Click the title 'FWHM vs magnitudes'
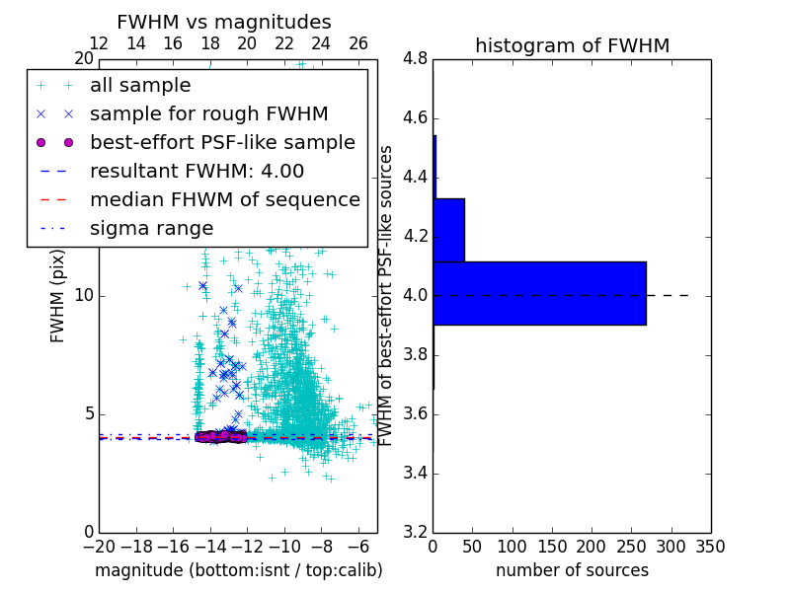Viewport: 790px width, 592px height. coord(224,22)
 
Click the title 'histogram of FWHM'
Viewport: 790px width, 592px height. coord(572,45)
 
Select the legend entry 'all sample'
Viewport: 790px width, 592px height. coord(140,86)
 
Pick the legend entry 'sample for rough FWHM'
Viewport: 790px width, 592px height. coord(208,113)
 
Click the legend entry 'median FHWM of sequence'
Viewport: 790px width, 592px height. coord(224,199)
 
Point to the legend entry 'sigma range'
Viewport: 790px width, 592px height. coord(151,228)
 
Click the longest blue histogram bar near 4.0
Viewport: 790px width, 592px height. coord(539,293)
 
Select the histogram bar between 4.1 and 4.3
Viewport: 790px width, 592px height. coord(448,230)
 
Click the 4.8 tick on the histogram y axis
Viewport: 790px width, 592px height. coord(416,59)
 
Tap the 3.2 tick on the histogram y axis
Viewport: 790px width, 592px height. coord(416,532)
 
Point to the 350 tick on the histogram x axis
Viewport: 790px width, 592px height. coord(710,547)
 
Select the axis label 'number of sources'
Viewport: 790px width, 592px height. coord(572,570)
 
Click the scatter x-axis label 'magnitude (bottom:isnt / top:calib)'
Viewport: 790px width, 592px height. coord(238,570)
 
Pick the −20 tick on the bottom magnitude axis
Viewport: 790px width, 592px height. coord(99,547)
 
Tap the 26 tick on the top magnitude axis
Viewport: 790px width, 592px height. coord(358,43)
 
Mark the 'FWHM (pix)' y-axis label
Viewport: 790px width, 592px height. coord(58,296)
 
